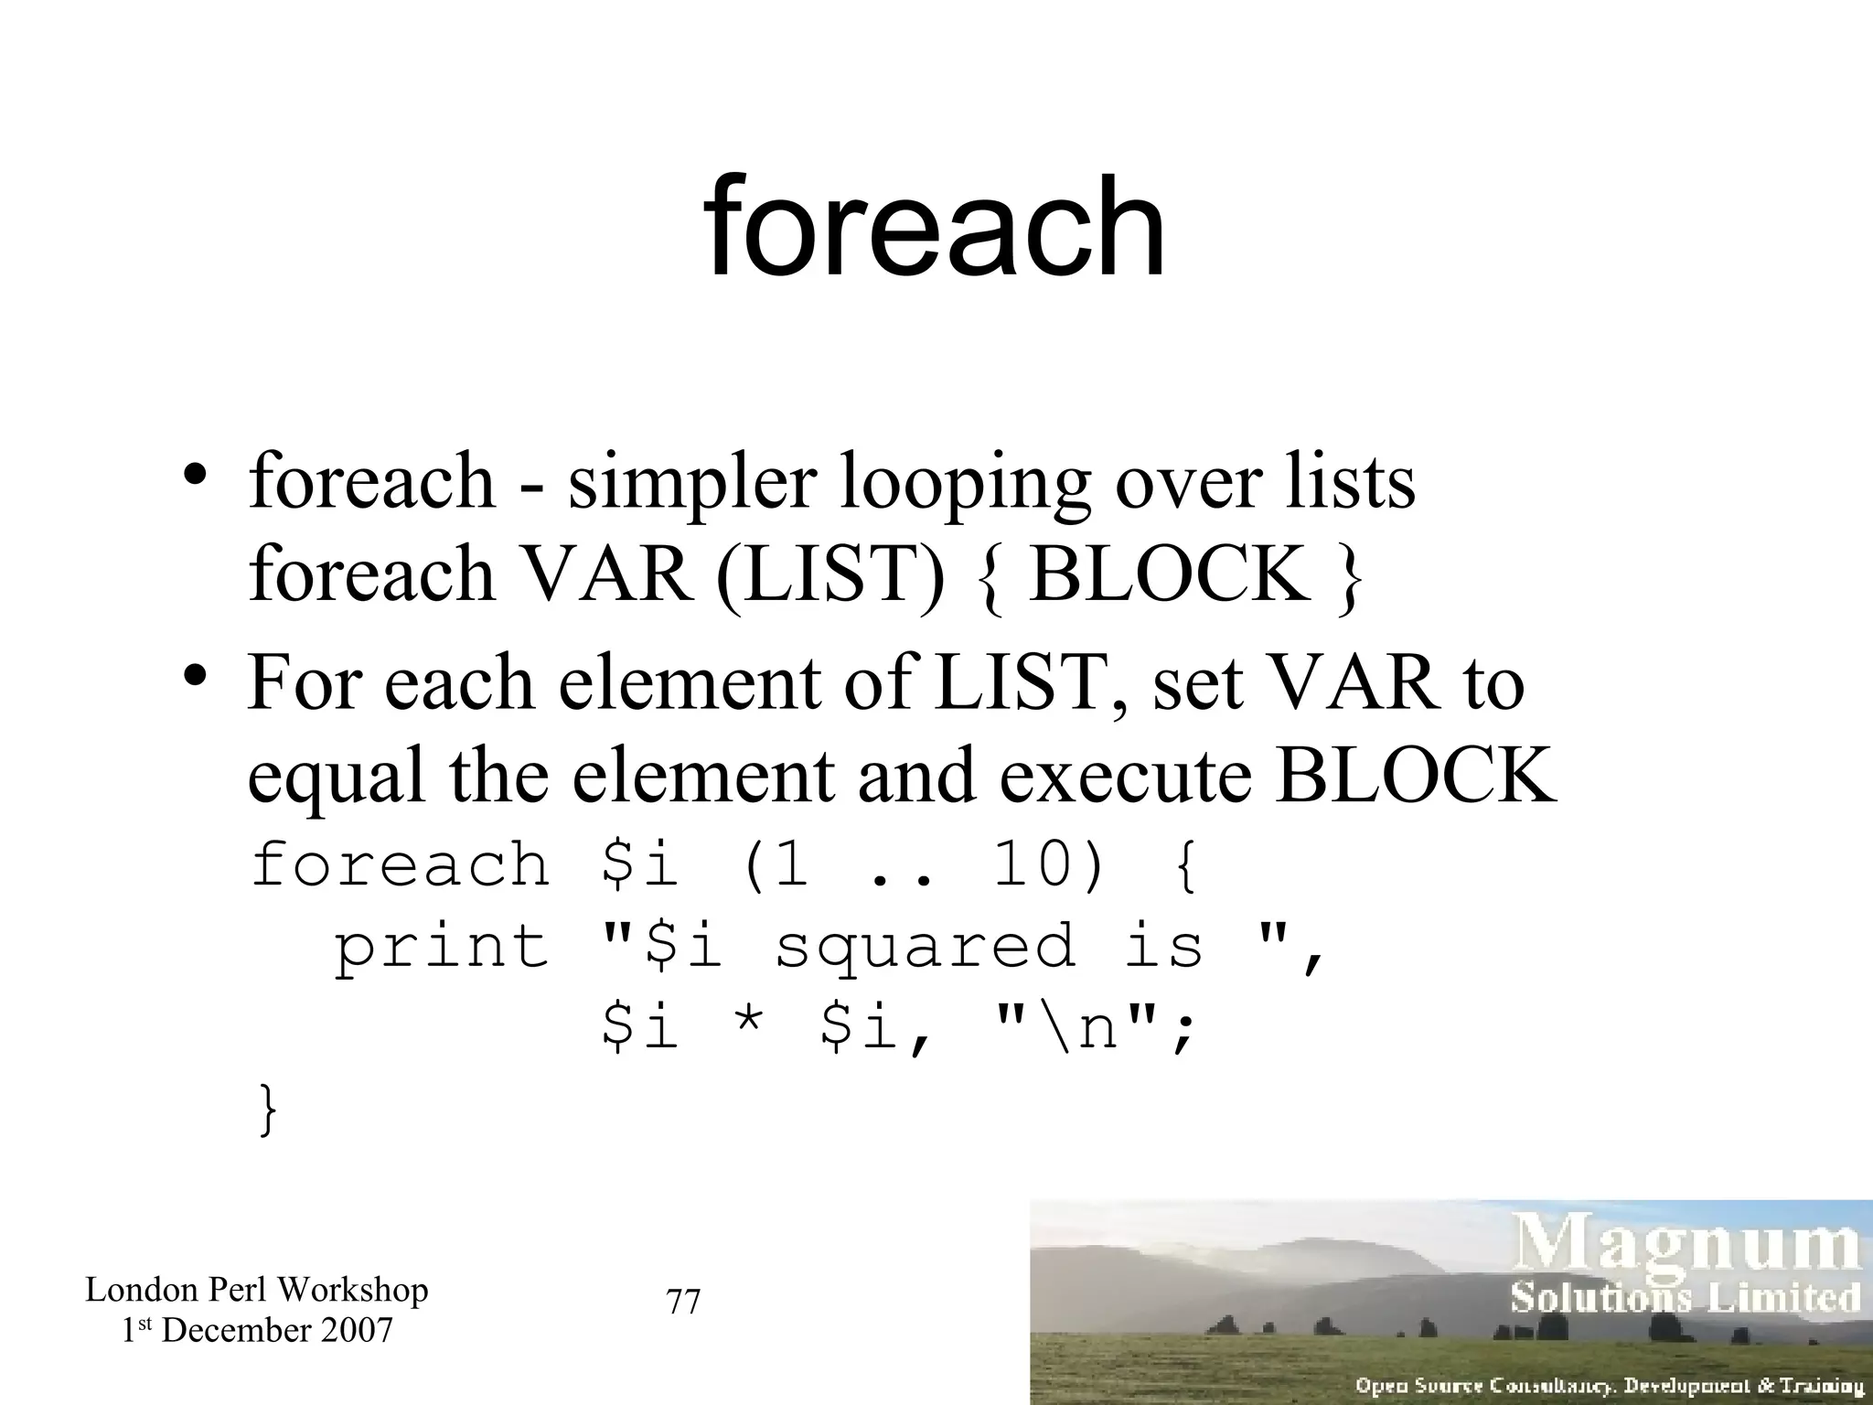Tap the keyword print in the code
point(442,948)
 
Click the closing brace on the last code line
point(266,1110)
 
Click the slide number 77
point(683,1301)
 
